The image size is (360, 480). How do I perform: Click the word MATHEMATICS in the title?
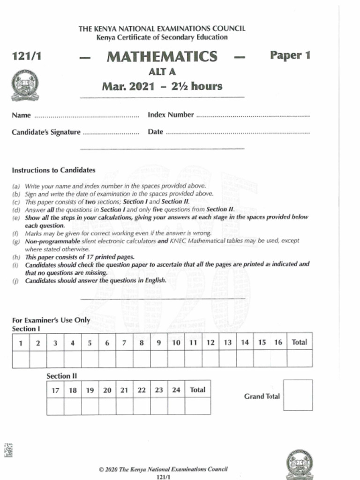pyautogui.click(x=162, y=57)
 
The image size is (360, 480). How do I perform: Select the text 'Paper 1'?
pyautogui.click(x=290, y=55)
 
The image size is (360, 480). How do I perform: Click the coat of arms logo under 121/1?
pyautogui.click(x=25, y=85)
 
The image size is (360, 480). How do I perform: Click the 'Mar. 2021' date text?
pyautogui.click(x=126, y=86)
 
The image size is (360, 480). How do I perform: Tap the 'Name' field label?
pyautogui.click(x=21, y=115)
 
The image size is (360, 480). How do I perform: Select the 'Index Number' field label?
pyautogui.click(x=171, y=115)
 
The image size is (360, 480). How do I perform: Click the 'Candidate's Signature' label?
pyautogui.click(x=46, y=132)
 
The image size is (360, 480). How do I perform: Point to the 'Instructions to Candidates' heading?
pyautogui.click(x=53, y=170)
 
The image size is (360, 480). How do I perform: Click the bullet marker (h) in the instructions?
pyautogui.click(x=16, y=257)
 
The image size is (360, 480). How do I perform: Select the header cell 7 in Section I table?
pyautogui.click(x=124, y=343)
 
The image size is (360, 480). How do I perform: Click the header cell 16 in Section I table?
pyautogui.click(x=278, y=342)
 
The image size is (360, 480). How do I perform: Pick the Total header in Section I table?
pyautogui.click(x=300, y=342)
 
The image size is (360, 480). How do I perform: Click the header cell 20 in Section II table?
pyautogui.click(x=107, y=390)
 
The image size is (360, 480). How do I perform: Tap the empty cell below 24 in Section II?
pyautogui.click(x=176, y=406)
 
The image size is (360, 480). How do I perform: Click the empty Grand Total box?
pyautogui.click(x=298, y=395)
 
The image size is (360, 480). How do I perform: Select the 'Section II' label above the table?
pyautogui.click(x=61, y=376)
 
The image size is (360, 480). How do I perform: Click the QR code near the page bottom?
pyautogui.click(x=8, y=450)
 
